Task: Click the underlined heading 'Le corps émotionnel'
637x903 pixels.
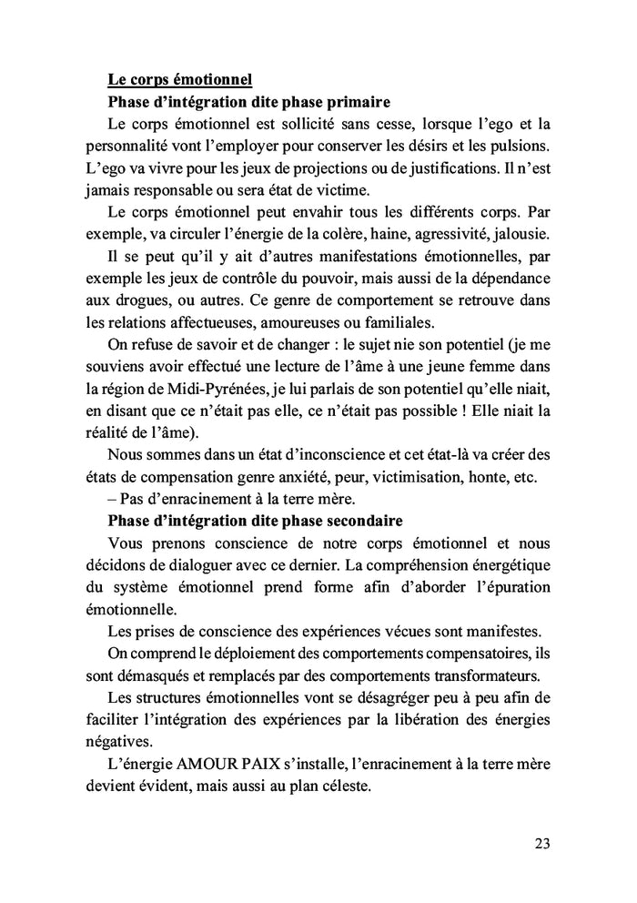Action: pos(179,79)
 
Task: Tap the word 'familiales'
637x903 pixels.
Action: pos(401,320)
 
